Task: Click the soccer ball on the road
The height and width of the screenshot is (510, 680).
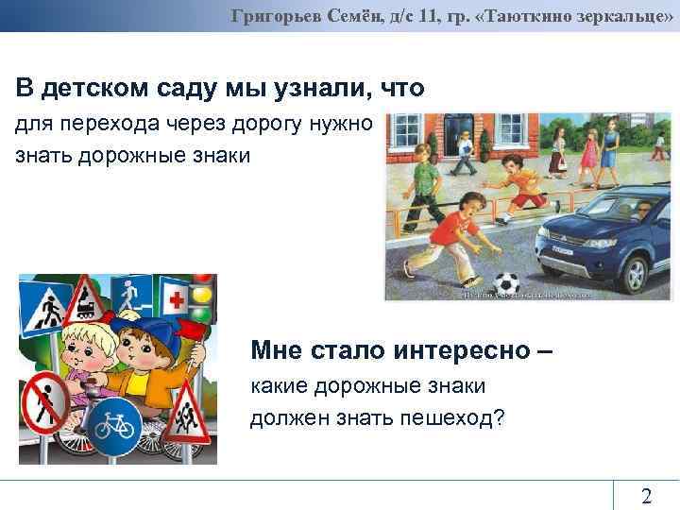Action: [x=506, y=282]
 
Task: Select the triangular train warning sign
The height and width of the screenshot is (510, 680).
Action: [x=88, y=299]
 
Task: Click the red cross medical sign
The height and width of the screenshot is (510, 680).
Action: [x=176, y=302]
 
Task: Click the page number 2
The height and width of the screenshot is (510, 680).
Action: [x=646, y=496]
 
